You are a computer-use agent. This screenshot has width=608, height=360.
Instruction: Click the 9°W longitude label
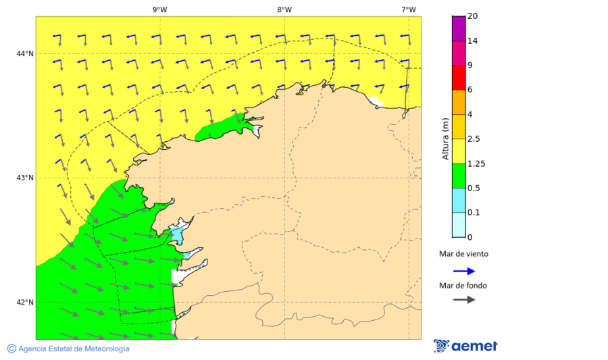pyautogui.click(x=159, y=9)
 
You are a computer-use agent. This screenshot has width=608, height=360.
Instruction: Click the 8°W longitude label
pyautogui.click(x=284, y=9)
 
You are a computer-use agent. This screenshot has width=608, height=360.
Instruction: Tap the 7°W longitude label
pyautogui.click(x=408, y=9)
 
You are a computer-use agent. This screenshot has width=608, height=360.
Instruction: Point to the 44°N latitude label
pyautogui.click(x=26, y=53)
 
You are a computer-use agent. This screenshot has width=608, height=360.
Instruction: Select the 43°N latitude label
pyautogui.click(x=26, y=178)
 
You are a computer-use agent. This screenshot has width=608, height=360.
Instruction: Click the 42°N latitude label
pyautogui.click(x=26, y=302)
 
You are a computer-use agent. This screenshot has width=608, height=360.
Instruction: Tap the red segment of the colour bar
pyautogui.click(x=459, y=77)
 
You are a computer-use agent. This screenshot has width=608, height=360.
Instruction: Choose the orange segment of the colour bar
pyautogui.click(x=459, y=102)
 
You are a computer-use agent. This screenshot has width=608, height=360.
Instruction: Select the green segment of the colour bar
pyautogui.click(x=459, y=176)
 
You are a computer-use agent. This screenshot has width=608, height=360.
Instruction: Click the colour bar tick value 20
pyautogui.click(x=473, y=16)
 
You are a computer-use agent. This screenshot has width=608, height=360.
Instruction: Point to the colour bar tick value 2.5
pyautogui.click(x=474, y=139)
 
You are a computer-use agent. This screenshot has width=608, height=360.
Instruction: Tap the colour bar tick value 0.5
pyautogui.click(x=474, y=188)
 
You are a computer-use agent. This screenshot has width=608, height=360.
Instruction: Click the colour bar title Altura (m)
pyautogui.click(x=445, y=138)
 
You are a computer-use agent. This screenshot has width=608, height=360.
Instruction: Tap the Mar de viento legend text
pyautogui.click(x=463, y=254)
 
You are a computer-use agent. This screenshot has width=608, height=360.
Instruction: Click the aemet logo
pyautogui.click(x=465, y=346)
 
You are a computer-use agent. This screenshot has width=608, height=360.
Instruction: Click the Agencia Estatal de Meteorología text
pyautogui.click(x=74, y=349)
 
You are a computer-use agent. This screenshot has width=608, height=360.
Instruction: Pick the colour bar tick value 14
pyautogui.click(x=473, y=41)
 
